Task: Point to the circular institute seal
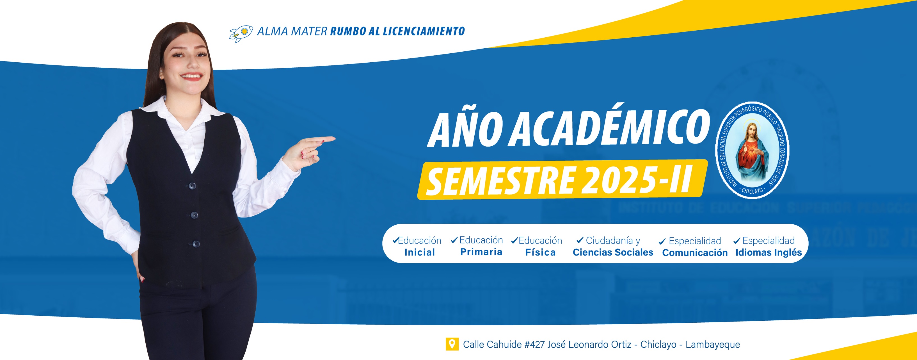(752, 150)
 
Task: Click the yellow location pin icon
(452, 344)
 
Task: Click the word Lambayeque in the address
(713, 344)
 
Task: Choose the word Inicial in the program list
(419, 252)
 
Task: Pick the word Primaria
(481, 252)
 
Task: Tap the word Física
(540, 252)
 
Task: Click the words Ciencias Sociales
(613, 252)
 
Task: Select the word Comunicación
(694, 252)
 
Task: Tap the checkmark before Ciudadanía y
(580, 240)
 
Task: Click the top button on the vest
(192, 186)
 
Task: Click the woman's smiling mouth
(191, 76)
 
